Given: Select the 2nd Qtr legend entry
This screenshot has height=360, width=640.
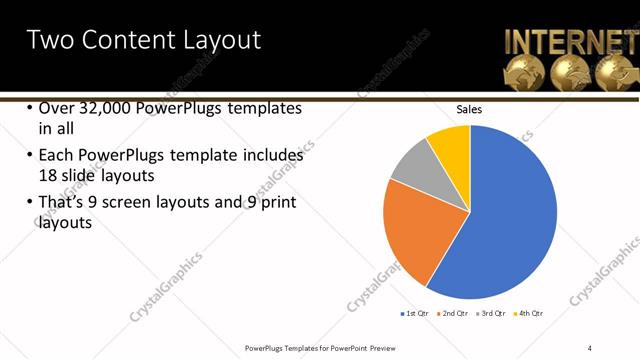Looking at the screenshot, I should tap(456, 313).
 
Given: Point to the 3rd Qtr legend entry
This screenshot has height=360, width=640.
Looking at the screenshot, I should tap(493, 313).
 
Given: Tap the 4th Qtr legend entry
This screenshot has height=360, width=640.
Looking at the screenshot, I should tap(529, 313).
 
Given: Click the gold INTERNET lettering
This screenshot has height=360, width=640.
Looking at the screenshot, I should tap(570, 42).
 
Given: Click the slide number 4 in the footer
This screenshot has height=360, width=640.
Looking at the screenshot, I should tap(590, 348).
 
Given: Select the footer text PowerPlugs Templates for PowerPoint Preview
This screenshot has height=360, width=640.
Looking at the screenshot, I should tap(320, 348).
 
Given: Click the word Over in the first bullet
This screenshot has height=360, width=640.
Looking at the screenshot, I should tap(57, 109).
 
